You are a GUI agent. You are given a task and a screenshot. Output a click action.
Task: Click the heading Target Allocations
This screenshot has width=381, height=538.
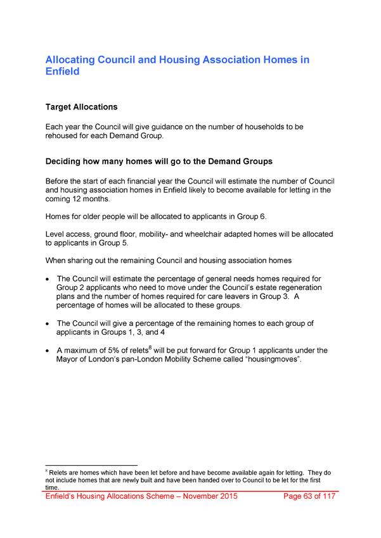click(81, 107)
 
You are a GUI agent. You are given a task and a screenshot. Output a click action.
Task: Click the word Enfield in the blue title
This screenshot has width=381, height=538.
click(63, 72)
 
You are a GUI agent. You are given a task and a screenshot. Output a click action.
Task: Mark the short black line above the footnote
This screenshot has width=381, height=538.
click(92, 466)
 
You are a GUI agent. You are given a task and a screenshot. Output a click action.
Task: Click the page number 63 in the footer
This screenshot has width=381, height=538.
click(308, 496)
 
